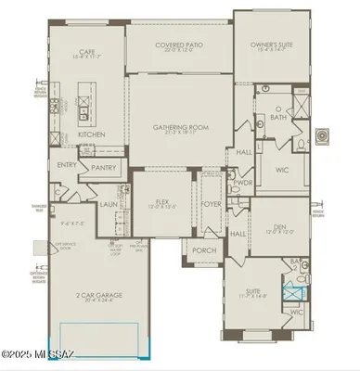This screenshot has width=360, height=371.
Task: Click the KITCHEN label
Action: (x=90, y=134)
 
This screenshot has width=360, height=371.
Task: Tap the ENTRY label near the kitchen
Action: (x=67, y=165)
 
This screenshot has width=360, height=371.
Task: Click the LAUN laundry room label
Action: (x=109, y=204)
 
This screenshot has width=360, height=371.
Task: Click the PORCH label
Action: (x=204, y=250)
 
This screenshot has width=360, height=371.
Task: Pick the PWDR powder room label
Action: (x=243, y=184)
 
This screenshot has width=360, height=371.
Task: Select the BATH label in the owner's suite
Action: (x=278, y=118)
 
